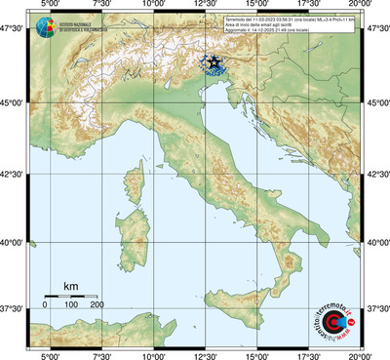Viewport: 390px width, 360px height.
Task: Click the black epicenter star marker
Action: [214, 61]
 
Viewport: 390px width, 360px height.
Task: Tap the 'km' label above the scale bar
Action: [70, 286]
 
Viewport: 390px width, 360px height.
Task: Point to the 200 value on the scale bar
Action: [97, 305]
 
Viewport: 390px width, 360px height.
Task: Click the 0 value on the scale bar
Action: [45, 305]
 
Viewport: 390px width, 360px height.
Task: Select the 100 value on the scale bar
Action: [71, 305]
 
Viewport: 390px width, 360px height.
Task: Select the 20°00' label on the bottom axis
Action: [362, 355]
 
